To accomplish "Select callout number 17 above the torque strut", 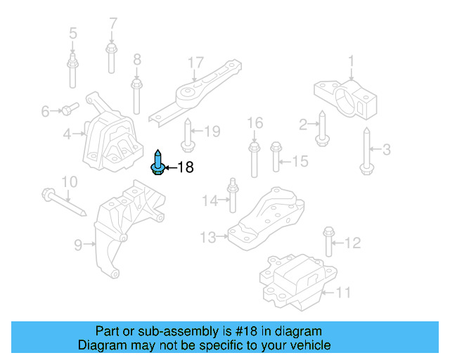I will pyautogui.click(x=195, y=63).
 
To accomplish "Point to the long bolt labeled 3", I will pyautogui.click(x=367, y=150).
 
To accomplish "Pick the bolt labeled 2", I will pyautogui.click(x=321, y=129).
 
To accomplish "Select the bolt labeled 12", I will pyautogui.click(x=328, y=241).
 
